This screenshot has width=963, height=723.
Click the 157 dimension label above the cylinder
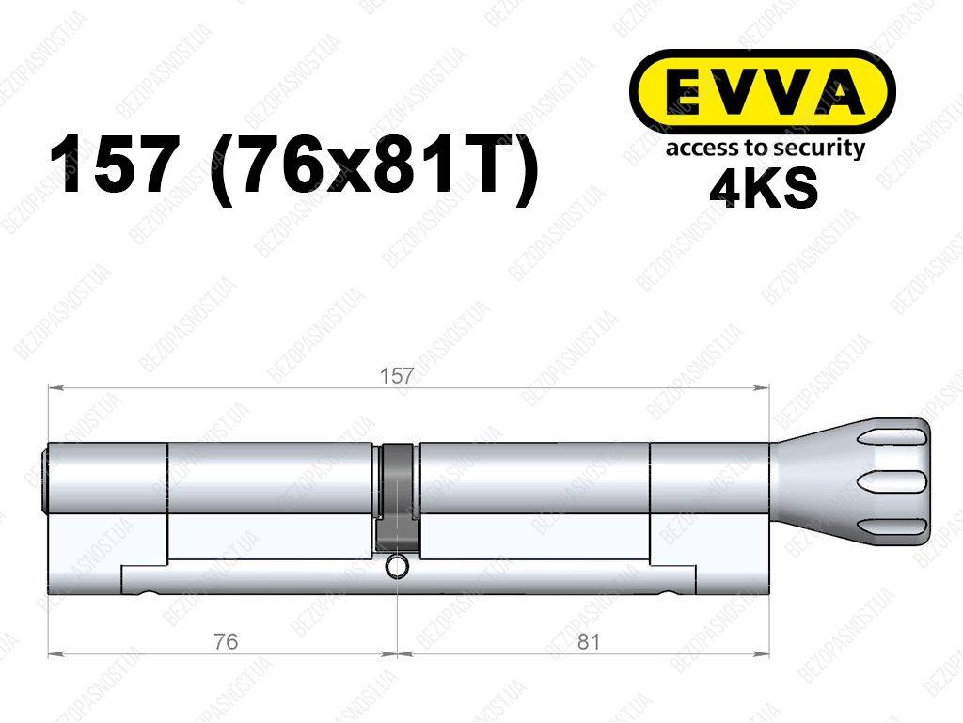click(397, 376)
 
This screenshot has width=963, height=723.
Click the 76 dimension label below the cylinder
click(226, 642)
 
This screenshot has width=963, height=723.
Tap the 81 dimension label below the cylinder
click(588, 642)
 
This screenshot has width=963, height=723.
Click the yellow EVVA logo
click(762, 92)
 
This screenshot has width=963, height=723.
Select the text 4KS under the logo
click(764, 187)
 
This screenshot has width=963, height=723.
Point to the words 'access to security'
click(766, 149)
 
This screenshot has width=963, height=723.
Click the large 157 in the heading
click(115, 165)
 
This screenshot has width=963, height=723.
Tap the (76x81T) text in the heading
click(374, 167)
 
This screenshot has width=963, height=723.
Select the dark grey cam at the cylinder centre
click(398, 498)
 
